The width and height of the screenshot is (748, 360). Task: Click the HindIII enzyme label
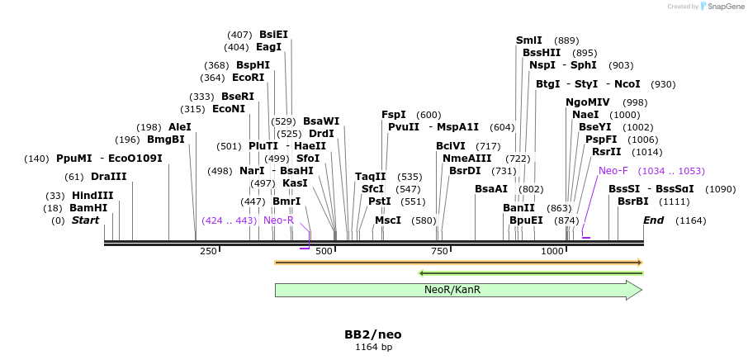(x=92, y=196)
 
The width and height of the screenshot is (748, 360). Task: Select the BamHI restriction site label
(x=88, y=208)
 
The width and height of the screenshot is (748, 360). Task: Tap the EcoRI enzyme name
(x=248, y=78)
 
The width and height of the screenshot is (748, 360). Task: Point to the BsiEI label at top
(x=273, y=35)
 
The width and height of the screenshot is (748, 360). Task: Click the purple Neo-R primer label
(x=278, y=220)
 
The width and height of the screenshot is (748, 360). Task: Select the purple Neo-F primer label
(x=613, y=171)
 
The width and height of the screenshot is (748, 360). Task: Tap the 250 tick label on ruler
(x=208, y=251)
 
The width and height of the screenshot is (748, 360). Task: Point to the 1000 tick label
(x=552, y=251)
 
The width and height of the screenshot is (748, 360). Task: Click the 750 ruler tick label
(x=439, y=251)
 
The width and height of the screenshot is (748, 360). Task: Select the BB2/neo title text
(x=373, y=334)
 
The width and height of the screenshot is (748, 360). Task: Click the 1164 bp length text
(x=373, y=348)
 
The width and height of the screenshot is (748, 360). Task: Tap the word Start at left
(x=85, y=220)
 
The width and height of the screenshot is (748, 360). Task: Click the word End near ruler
(x=653, y=220)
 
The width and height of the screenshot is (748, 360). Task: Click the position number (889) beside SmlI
(x=566, y=40)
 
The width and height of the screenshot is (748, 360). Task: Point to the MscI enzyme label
(x=388, y=220)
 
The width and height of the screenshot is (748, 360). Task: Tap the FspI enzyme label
(x=393, y=115)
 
